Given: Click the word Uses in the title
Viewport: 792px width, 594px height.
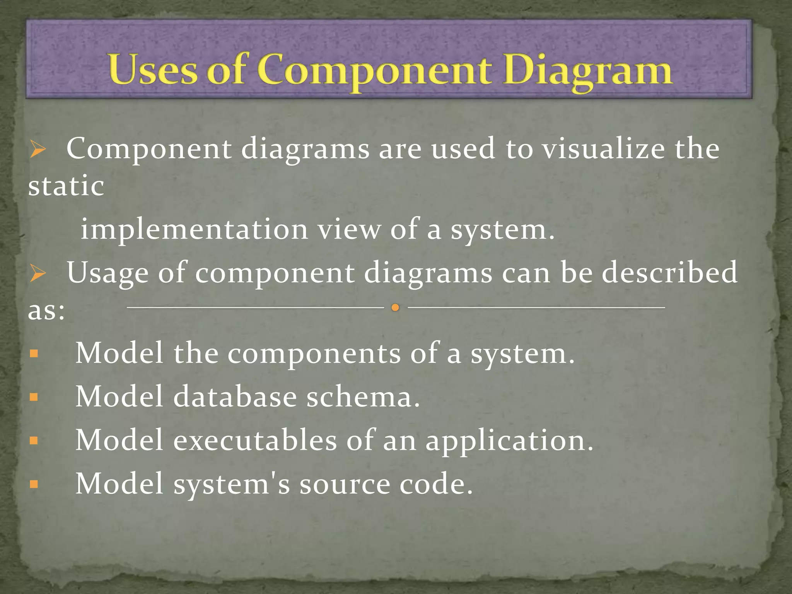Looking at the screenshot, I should point(152,70).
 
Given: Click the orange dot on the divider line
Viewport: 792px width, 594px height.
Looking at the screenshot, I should point(395,308).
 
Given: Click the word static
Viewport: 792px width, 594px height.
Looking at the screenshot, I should point(66,186).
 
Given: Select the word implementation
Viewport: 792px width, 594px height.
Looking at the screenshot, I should point(194,229).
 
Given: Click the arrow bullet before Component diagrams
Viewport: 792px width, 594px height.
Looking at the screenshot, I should point(38,150).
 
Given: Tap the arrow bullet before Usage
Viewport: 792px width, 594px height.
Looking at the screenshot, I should point(38,274).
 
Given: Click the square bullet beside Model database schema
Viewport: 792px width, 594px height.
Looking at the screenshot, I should point(34,397).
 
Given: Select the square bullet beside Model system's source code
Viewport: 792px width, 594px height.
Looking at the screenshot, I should point(34,484).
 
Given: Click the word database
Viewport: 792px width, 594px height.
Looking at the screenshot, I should point(235,397).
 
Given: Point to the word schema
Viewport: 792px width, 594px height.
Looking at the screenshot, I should point(363,397).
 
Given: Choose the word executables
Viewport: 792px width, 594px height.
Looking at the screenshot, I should point(255,440).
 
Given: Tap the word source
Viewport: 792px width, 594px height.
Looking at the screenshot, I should point(345,485).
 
